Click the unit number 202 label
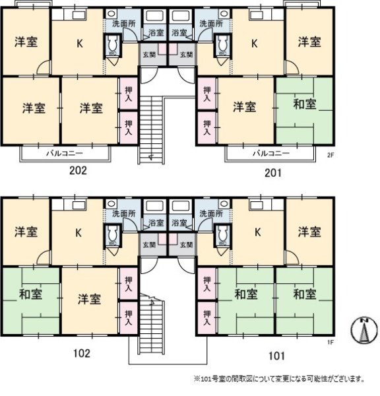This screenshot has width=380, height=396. (x=78, y=170)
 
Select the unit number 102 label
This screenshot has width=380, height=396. (x=80, y=352)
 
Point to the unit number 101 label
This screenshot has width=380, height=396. (x=276, y=356)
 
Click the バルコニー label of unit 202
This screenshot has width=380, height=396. (x=64, y=154)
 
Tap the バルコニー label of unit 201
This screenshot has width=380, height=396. (x=271, y=154)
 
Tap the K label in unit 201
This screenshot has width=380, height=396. (x=254, y=44)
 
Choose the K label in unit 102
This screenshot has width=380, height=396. (x=78, y=232)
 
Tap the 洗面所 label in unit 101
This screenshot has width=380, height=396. (x=214, y=214)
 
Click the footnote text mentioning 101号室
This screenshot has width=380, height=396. (x=279, y=379)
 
